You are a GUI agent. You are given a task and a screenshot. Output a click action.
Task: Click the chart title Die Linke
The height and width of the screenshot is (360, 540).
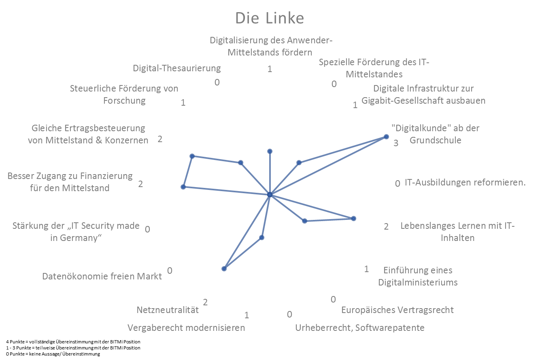pyautogui.click(x=270, y=18)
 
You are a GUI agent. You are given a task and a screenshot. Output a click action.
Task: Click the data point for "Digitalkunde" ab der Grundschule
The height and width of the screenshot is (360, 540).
pyautogui.click(x=386, y=137)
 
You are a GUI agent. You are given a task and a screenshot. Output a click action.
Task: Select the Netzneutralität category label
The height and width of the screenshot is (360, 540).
pyautogui.click(x=168, y=310)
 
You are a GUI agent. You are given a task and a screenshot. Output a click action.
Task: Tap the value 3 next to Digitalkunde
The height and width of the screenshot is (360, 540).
pyautogui.click(x=396, y=143)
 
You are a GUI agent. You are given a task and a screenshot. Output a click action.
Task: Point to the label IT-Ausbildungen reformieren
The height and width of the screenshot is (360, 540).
pyautogui.click(x=465, y=182)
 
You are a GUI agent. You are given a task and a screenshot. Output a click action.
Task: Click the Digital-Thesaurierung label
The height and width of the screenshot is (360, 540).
pyautogui.click(x=177, y=68)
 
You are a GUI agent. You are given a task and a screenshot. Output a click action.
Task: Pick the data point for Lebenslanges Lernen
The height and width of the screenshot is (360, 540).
pyautogui.click(x=353, y=218)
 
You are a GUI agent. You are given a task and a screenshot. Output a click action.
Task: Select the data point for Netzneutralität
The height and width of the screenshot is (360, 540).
pyautogui.click(x=224, y=268)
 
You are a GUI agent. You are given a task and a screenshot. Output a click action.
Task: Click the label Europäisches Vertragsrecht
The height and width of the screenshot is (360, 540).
pyautogui.click(x=397, y=310)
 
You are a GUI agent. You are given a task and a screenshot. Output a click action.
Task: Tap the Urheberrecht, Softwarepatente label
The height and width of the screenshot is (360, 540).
pyautogui.click(x=360, y=328)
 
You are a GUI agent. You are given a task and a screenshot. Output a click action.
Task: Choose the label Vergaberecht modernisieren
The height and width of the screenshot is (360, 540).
pyautogui.click(x=186, y=328)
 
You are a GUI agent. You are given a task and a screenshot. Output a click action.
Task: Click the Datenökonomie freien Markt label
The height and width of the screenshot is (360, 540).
pyautogui.click(x=102, y=276)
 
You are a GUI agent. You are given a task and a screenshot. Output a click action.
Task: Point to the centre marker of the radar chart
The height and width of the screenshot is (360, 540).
pyautogui.click(x=270, y=195)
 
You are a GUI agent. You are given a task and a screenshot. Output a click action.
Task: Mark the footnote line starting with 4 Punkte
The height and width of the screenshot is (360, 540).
pyautogui.click(x=73, y=342)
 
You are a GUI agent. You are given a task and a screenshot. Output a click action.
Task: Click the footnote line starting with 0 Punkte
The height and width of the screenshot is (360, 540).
pyautogui.click(x=53, y=354)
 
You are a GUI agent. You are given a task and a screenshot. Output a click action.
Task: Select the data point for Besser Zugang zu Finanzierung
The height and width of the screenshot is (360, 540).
pyautogui.click(x=183, y=187)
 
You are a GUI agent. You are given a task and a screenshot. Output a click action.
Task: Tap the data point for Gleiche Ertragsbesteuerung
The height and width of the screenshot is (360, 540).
pyautogui.click(x=192, y=156)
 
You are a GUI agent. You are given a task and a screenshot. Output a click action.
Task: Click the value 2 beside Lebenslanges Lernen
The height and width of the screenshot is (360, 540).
pyautogui.click(x=386, y=226)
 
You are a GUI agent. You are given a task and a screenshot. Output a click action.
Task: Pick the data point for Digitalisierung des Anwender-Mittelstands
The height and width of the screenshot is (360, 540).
pyautogui.click(x=270, y=151)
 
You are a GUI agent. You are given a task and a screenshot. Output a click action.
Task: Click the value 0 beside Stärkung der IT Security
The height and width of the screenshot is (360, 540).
pyautogui.click(x=147, y=229)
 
